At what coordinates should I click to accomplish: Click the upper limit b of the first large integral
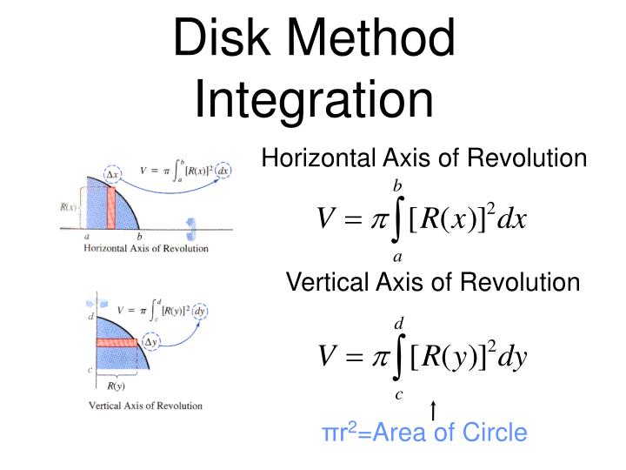397,185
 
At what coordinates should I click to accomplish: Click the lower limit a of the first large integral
397,257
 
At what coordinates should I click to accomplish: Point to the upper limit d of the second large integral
399,323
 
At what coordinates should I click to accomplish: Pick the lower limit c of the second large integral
399,394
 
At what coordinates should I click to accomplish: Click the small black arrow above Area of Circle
433,411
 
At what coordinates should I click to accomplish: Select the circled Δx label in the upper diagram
111,174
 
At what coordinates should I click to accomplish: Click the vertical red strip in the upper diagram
111,208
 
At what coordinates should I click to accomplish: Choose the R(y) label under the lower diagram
116,386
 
